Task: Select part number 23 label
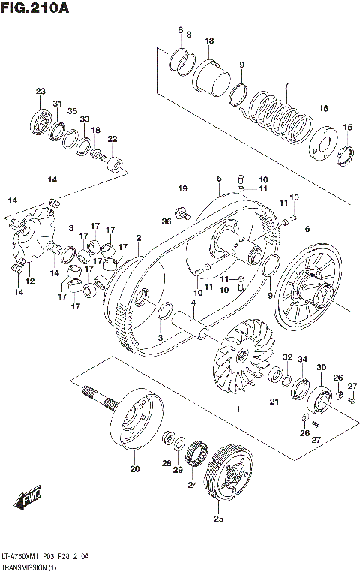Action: tap(40, 92)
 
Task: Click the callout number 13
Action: tap(209, 41)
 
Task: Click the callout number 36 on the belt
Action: tap(166, 222)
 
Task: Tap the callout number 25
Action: tap(219, 519)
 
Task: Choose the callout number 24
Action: tap(193, 484)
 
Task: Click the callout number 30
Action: tap(321, 367)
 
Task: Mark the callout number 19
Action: tap(182, 188)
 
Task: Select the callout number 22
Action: tap(112, 139)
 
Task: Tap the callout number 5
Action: tap(219, 179)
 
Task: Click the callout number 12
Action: tap(29, 281)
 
